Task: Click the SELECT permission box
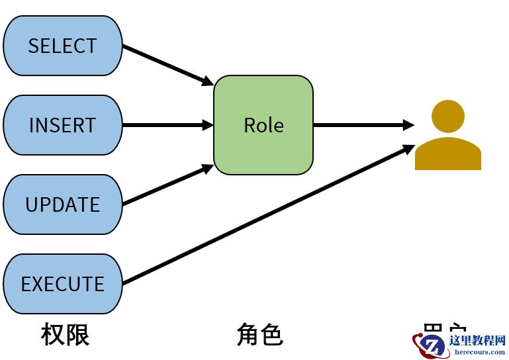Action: [x=63, y=46]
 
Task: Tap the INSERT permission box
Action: [x=63, y=125]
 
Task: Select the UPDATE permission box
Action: [x=63, y=204]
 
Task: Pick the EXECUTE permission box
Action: [x=63, y=284]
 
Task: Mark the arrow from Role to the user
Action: [x=361, y=125]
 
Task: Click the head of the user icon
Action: [x=448, y=116]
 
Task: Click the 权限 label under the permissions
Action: [x=65, y=335]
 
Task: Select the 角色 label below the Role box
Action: [x=259, y=335]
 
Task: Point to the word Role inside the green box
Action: [x=263, y=126]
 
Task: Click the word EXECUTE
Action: [x=63, y=285]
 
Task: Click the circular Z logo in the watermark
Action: [x=434, y=345]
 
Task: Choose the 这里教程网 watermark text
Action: [x=477, y=341]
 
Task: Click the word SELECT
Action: [x=63, y=46]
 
